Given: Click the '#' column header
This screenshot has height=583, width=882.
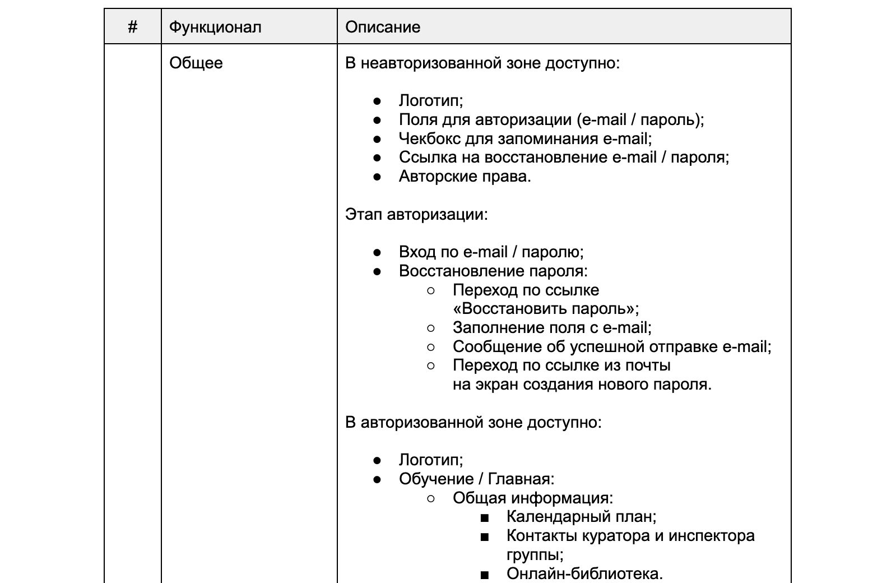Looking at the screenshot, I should click(133, 27).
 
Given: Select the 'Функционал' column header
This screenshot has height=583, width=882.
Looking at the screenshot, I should click(215, 27).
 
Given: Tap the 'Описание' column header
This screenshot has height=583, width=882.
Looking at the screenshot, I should click(383, 27).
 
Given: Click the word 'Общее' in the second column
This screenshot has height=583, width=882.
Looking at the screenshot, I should click(196, 63).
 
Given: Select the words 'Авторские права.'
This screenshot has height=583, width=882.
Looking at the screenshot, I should click(465, 177).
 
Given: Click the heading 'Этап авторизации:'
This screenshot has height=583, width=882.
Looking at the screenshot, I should click(416, 214).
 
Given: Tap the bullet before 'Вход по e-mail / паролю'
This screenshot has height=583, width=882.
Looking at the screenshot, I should click(377, 252).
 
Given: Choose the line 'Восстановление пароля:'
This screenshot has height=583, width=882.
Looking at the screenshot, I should click(493, 271).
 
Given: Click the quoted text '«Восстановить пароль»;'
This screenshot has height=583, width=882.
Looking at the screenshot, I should click(545, 309).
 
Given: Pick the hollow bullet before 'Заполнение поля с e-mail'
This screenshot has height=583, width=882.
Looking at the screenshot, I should click(431, 328).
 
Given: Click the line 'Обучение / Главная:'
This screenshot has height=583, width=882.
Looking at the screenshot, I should click(476, 479).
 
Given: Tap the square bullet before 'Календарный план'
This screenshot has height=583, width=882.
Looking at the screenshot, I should click(485, 517).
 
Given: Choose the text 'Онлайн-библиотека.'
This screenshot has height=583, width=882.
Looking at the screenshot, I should click(584, 574).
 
